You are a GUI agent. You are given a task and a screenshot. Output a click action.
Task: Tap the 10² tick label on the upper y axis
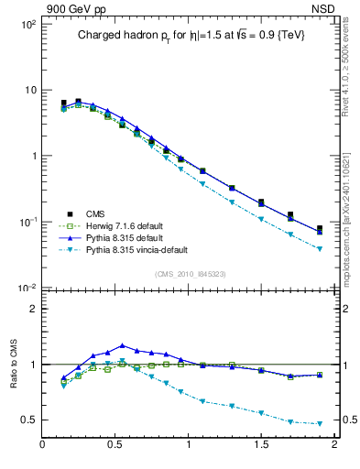[27, 23]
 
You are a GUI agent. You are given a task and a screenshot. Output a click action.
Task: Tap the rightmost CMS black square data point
[320, 228]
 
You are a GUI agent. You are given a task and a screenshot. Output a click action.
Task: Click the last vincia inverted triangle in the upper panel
[320, 249]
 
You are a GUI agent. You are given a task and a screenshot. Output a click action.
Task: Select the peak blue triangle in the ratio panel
[122, 345]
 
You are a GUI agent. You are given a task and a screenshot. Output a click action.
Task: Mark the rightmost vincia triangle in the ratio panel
[320, 423]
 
